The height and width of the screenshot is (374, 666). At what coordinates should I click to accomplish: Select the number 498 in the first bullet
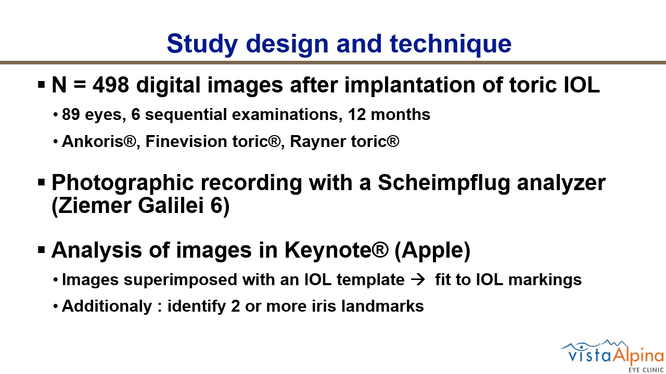click(x=111, y=85)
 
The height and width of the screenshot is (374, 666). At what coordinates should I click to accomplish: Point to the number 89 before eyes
click(x=71, y=114)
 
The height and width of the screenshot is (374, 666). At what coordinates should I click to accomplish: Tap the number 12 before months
click(x=357, y=114)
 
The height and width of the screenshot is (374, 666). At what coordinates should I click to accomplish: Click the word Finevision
click(x=186, y=141)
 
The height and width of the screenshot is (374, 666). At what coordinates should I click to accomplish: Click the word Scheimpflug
click(x=444, y=183)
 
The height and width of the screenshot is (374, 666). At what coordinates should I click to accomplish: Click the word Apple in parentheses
click(x=432, y=250)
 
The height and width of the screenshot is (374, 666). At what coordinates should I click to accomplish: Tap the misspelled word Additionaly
click(x=107, y=306)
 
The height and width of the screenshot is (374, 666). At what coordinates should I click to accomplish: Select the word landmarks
click(x=382, y=306)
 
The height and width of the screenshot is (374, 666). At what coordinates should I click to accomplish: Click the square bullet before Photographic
click(x=42, y=182)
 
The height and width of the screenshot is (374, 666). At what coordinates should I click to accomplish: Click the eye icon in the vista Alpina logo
click(x=581, y=346)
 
